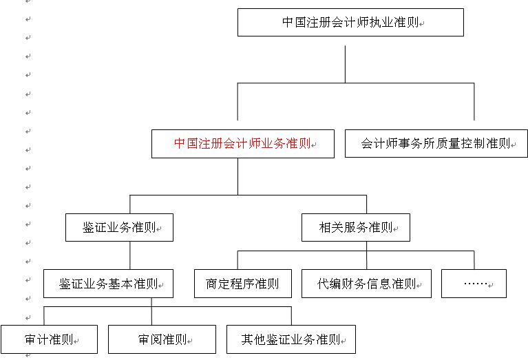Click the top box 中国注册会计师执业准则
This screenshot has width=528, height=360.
(350, 23)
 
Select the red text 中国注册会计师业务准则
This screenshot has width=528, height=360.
(242, 143)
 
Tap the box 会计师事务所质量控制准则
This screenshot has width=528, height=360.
(436, 143)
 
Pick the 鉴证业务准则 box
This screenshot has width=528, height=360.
(119, 227)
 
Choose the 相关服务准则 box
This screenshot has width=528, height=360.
(356, 227)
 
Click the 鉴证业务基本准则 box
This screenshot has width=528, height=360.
(109, 284)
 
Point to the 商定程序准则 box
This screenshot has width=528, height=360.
(243, 284)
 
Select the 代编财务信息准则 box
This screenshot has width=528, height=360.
(366, 284)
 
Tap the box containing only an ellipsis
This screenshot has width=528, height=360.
(474, 284)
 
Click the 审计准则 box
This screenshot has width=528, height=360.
(49, 339)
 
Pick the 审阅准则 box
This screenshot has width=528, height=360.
(162, 339)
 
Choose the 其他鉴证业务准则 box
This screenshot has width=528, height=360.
(291, 339)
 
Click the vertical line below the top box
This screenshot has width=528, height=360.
(345, 64)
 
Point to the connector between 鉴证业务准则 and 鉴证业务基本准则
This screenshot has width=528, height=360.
(130, 255)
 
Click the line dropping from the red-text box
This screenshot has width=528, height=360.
(237, 176)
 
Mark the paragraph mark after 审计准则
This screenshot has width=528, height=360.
(76, 341)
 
